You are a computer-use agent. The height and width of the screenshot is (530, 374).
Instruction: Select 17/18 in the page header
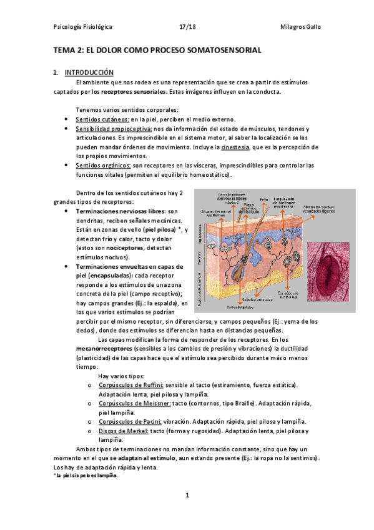pos(187,27)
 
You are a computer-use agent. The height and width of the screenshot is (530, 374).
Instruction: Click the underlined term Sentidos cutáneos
pos(102,119)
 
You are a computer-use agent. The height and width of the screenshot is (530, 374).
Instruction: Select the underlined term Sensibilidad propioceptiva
pos(113,128)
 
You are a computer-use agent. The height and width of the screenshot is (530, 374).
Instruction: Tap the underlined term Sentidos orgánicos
pos(103,165)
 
